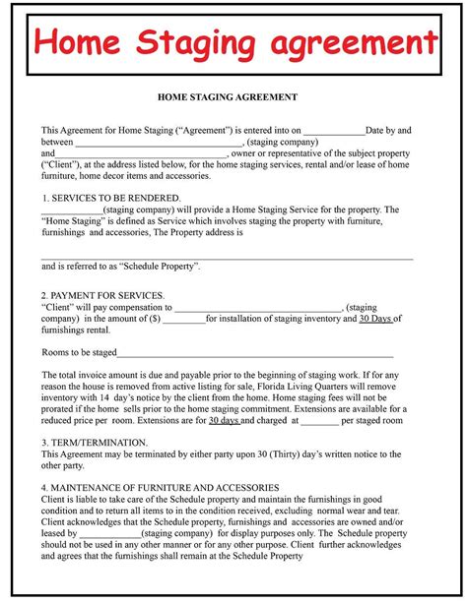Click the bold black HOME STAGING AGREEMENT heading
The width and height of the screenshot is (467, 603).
coord(227,97)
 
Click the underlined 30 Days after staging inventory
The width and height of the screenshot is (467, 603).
coord(374,319)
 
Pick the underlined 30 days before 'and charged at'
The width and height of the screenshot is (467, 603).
coord(224,420)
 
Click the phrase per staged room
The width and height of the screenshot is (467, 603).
coord(372,420)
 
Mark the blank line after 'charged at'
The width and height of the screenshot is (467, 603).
coord(318,421)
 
